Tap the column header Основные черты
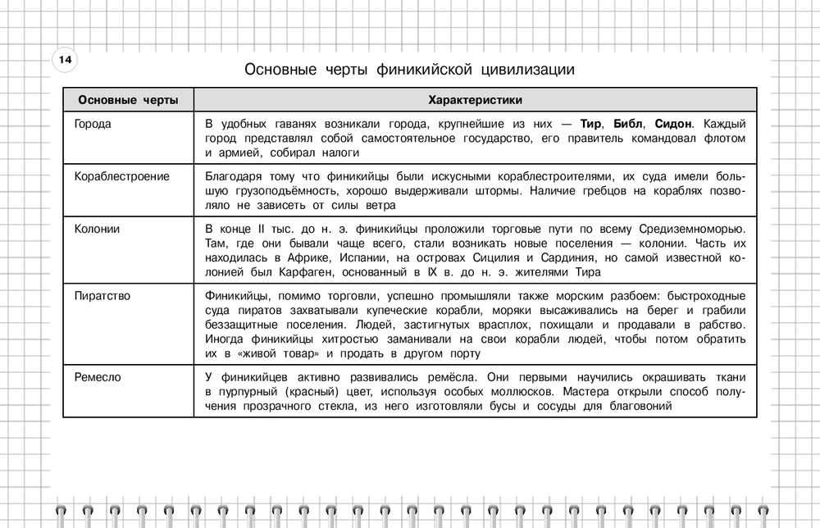(x=127, y=100)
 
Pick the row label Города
(x=93, y=124)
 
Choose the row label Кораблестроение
(x=121, y=176)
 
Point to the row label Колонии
(x=97, y=229)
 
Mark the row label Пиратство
(x=102, y=295)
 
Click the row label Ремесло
(x=98, y=376)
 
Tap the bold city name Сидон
(x=674, y=124)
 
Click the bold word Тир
(x=590, y=124)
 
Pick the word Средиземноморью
(x=693, y=229)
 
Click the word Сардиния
(x=571, y=258)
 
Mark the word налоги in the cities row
(x=341, y=152)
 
